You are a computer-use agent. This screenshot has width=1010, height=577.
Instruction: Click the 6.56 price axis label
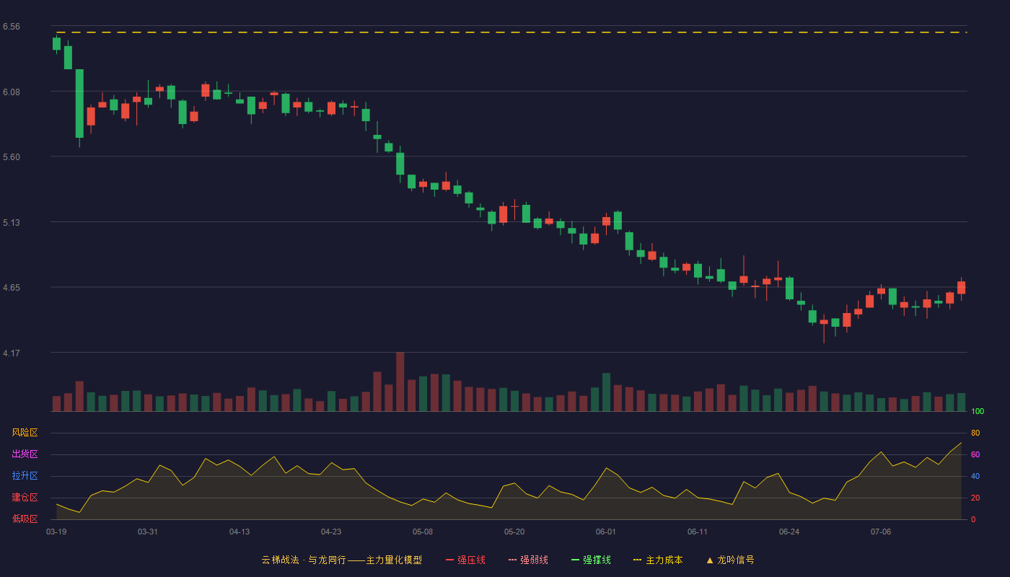pyautogui.click(x=12, y=27)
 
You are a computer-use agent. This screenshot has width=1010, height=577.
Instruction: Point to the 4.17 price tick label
pyautogui.click(x=12, y=353)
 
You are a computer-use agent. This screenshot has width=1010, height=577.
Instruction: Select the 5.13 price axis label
pyautogui.click(x=12, y=223)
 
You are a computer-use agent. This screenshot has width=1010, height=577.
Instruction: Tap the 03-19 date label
pyautogui.click(x=56, y=532)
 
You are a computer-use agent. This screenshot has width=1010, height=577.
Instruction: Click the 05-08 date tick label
pyautogui.click(x=423, y=532)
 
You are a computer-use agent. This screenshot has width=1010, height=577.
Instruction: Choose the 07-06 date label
pyautogui.click(x=881, y=532)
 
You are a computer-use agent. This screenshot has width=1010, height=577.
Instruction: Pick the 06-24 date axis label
pyautogui.click(x=789, y=532)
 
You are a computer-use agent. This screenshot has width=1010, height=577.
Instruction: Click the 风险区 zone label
pyautogui.click(x=25, y=433)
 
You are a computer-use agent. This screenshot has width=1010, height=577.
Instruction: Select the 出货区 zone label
pyautogui.click(x=25, y=454)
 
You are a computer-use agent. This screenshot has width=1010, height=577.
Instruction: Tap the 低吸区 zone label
pyautogui.click(x=25, y=519)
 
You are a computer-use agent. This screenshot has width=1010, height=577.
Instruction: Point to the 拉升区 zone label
pyautogui.click(x=25, y=475)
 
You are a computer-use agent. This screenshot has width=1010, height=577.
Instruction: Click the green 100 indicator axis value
pyautogui.click(x=978, y=411)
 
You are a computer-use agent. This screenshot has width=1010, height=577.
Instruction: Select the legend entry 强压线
pyautogui.click(x=465, y=560)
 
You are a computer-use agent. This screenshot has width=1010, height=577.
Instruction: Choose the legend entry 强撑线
pyautogui.click(x=591, y=560)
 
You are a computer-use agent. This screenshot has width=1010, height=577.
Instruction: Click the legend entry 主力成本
pyautogui.click(x=658, y=560)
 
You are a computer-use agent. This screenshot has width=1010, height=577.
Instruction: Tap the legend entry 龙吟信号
pyautogui.click(x=730, y=560)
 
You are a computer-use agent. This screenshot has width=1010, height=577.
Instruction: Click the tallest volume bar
pyautogui.click(x=400, y=382)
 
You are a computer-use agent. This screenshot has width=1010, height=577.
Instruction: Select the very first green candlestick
pyautogui.click(x=56, y=44)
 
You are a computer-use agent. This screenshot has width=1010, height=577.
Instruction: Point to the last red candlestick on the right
pyautogui.click(x=961, y=288)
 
